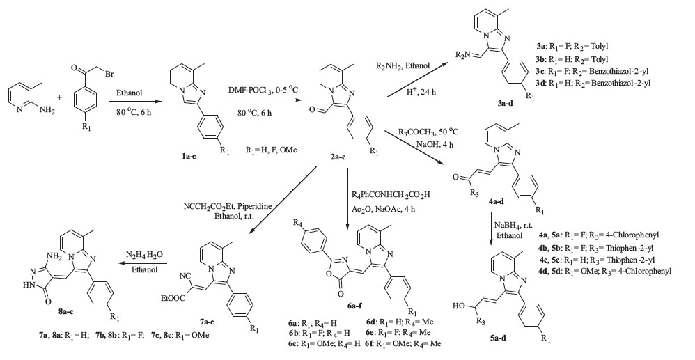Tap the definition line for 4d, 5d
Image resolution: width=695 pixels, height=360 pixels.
611,269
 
